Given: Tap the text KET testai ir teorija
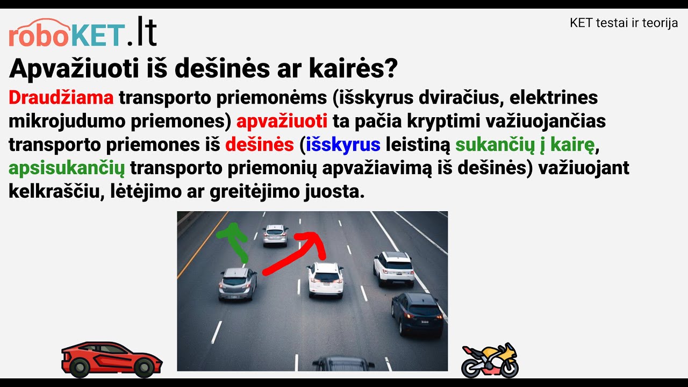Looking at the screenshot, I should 623,24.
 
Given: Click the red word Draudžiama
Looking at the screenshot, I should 61,98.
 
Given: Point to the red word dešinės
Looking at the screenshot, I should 260,145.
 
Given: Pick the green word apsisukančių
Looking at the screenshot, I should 67,168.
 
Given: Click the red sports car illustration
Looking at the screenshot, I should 112,359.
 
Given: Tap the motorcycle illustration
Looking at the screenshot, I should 490,360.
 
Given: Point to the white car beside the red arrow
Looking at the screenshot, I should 326,279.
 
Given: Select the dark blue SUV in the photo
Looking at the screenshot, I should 418,313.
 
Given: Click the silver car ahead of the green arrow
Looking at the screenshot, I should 275,235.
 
